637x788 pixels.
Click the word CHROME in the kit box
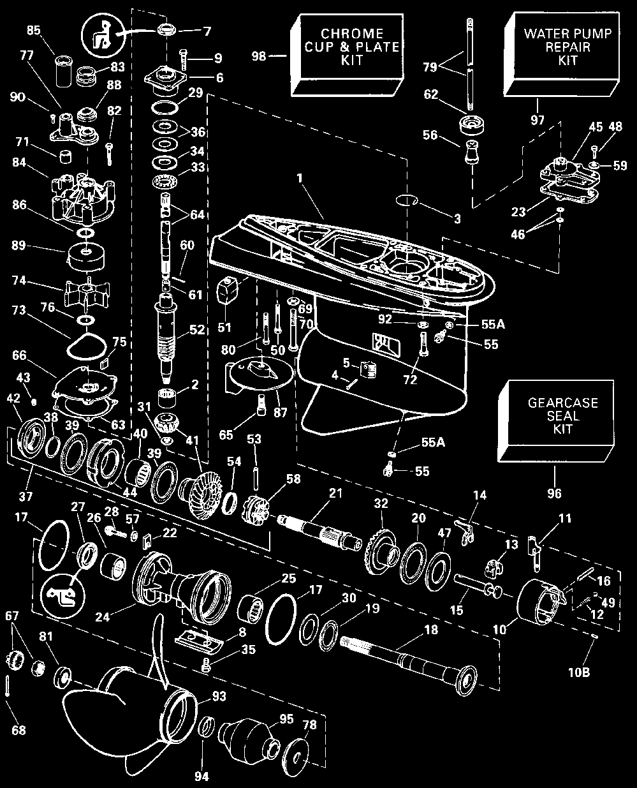tap(351, 34)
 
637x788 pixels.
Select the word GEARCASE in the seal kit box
tap(562, 403)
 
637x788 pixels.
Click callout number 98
tap(259, 56)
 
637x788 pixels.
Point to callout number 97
tap(537, 120)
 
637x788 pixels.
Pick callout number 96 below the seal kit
tap(554, 493)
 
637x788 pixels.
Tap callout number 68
tap(19, 730)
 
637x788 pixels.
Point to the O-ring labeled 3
tap(406, 200)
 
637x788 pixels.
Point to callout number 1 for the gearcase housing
tap(300, 178)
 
